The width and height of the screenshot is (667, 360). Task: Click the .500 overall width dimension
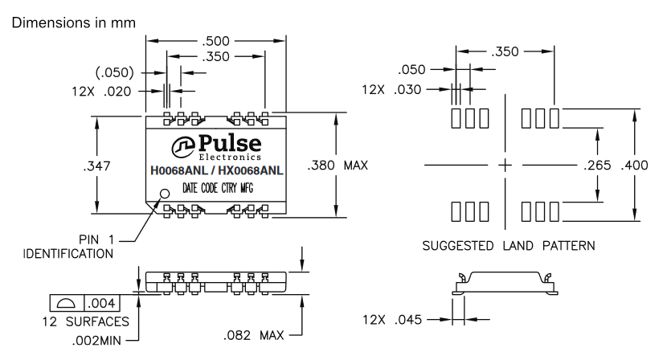click(217, 39)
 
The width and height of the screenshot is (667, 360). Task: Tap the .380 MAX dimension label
click(337, 166)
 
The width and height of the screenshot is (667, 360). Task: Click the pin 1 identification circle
click(166, 194)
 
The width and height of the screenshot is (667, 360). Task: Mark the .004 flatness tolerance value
click(101, 303)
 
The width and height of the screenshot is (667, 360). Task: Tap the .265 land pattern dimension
click(596, 166)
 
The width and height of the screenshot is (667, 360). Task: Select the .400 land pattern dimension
click(635, 166)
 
